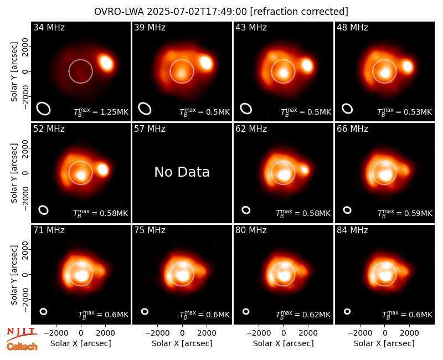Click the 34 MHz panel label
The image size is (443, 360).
click(49, 27)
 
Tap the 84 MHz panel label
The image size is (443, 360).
click(352, 230)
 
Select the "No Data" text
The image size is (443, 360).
click(182, 172)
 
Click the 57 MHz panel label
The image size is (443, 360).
click(150, 129)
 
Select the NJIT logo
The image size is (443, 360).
click(22, 333)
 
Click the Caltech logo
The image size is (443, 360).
click(22, 347)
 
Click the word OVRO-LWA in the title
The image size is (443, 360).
click(119, 12)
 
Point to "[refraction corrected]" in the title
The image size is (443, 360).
click(299, 12)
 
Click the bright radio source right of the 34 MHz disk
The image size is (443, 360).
click(106, 63)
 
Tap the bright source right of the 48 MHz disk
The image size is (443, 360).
click(408, 66)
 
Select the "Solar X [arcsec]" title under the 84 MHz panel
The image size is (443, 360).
click(384, 343)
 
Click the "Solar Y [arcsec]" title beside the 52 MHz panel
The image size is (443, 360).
click(14, 173)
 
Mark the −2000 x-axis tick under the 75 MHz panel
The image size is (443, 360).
click(158, 333)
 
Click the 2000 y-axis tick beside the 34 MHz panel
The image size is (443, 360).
click(25, 47)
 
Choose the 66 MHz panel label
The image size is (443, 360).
click(352, 129)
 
